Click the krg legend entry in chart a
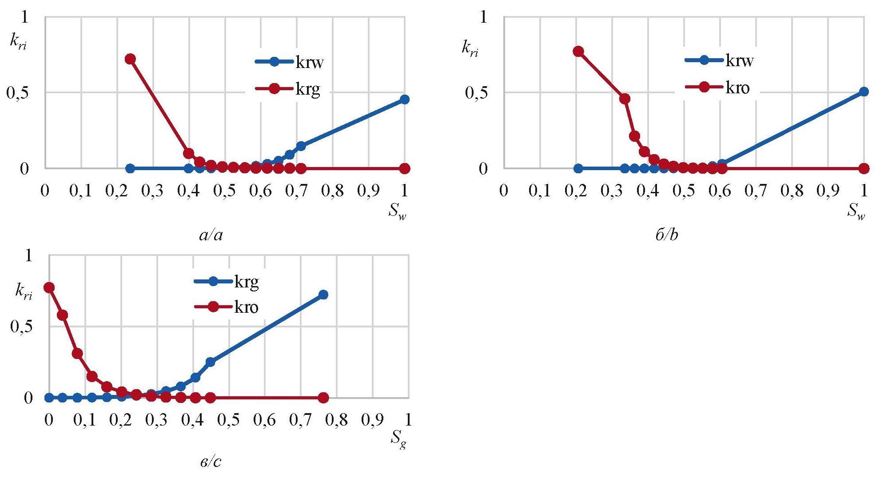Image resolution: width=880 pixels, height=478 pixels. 307,89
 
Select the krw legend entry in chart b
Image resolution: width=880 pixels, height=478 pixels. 739,60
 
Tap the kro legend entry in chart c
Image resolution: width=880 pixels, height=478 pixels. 246,307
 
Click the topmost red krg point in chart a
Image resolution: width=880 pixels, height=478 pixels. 130,59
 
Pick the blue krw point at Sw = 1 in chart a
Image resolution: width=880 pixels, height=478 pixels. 404,100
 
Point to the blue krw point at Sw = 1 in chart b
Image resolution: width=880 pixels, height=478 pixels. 864,92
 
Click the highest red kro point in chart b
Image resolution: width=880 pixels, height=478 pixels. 578,51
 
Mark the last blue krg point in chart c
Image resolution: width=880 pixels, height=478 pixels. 323,295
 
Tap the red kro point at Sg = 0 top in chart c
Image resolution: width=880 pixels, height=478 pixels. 49,287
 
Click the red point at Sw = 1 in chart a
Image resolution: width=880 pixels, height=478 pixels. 404,168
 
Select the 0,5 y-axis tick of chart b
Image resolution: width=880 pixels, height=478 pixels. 476,93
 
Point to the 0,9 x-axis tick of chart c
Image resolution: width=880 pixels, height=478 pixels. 373,420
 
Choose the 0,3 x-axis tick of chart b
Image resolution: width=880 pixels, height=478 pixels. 612,191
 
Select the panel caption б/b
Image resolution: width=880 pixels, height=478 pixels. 667,235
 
